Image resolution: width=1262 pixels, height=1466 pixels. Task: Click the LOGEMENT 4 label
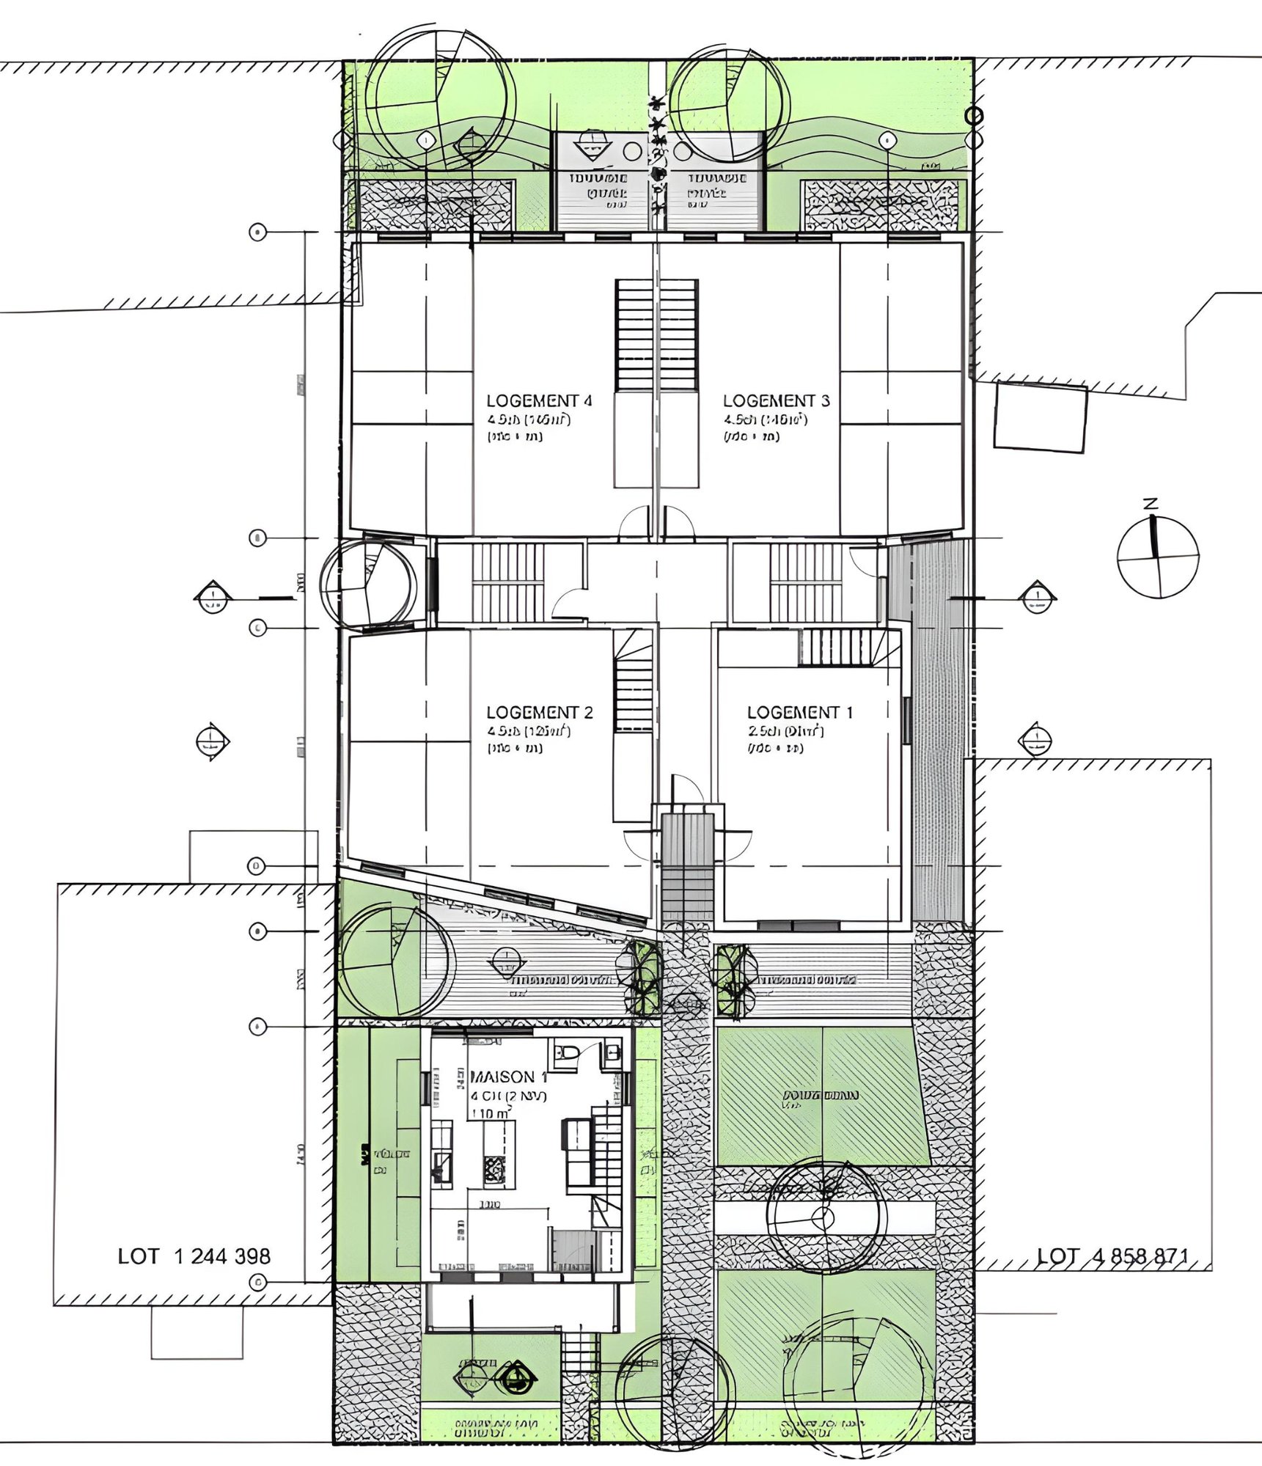coord(538,400)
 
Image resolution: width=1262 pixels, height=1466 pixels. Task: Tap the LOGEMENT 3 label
coord(776,400)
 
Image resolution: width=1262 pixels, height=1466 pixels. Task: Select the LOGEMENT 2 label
coord(539,712)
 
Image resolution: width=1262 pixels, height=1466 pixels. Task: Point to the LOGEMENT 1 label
coord(799,712)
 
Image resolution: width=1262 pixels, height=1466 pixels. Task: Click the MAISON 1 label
coord(508,1077)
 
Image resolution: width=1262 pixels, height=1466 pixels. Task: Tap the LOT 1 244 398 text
coord(194,1256)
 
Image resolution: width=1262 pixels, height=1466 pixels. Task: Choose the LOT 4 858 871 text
coord(1112,1256)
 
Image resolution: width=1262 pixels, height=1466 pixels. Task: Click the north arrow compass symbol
coord(1157,557)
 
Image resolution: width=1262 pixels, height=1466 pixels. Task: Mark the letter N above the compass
coord(1151,504)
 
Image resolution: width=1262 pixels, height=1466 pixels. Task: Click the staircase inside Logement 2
coord(633,682)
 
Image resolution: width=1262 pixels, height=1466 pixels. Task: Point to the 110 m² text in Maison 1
coord(490,1113)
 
